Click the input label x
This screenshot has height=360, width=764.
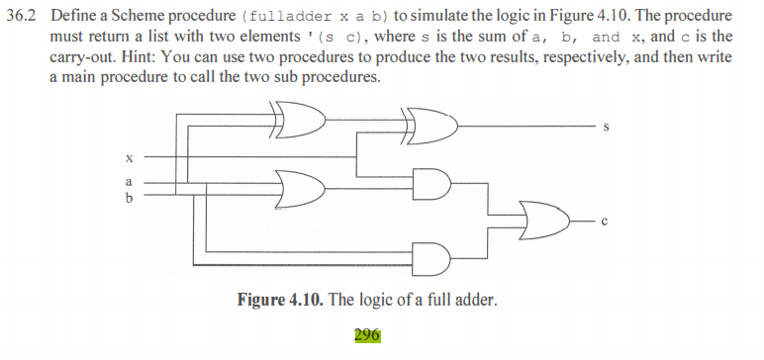point(129,158)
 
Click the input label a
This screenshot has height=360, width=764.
point(129,181)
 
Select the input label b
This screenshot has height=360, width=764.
point(129,196)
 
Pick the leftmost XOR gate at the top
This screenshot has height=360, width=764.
point(301,122)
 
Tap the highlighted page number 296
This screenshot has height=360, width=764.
point(366,334)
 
